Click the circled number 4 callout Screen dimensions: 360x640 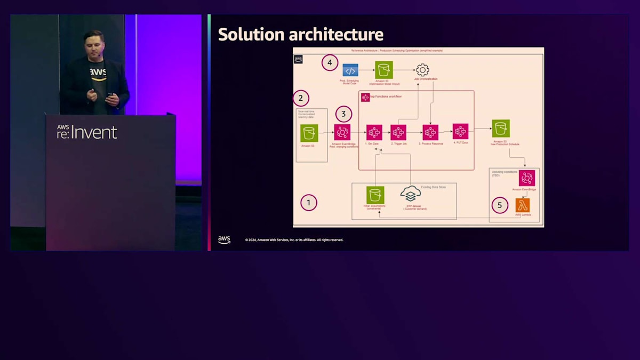tap(330, 63)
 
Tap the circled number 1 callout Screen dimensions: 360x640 tap(308, 203)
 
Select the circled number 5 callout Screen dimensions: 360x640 tap(500, 205)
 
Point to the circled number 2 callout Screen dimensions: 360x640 tap(301, 98)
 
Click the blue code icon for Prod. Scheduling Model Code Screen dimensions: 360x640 tap(350, 70)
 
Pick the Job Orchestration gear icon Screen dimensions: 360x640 tap(422, 70)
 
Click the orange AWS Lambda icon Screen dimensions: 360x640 tap(523, 205)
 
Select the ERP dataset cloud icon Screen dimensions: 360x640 tap(410, 194)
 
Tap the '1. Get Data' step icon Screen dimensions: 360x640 tap(374, 132)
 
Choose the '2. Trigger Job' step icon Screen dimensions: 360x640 tap(398, 132)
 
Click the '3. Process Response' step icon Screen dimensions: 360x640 tap(430, 132)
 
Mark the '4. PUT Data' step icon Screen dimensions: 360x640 tap(460, 131)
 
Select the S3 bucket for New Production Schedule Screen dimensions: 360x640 tap(501, 129)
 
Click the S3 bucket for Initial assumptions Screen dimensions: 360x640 tap(375, 195)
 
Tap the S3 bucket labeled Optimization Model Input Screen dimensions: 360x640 tap(383, 70)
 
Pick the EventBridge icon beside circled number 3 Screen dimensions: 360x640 tap(342, 132)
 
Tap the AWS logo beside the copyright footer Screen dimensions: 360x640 tap(224, 240)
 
